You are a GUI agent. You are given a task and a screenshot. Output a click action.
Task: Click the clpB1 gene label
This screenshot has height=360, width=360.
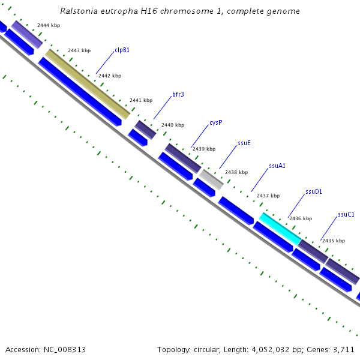pyautogui.click(x=122, y=50)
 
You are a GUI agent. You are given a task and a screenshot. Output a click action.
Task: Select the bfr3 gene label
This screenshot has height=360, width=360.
pyautogui.click(x=178, y=94)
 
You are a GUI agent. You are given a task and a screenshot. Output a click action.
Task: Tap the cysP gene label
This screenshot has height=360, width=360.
pyautogui.click(x=216, y=122)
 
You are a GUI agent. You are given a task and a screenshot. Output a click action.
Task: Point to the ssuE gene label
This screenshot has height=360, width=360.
pyautogui.click(x=244, y=143)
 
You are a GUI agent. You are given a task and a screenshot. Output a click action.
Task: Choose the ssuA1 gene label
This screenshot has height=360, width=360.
pyautogui.click(x=277, y=166)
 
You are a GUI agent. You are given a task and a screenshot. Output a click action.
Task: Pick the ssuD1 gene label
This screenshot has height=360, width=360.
pyautogui.click(x=314, y=192)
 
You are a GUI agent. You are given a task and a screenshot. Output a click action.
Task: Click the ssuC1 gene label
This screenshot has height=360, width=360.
pyautogui.click(x=346, y=214)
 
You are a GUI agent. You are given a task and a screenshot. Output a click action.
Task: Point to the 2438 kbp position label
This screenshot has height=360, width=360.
pyautogui.click(x=236, y=172)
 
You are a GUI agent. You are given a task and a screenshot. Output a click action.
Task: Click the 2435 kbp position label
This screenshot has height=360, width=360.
pyautogui.click(x=333, y=241)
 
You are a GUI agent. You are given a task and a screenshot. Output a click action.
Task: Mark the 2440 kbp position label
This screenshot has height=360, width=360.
pyautogui.click(x=172, y=125)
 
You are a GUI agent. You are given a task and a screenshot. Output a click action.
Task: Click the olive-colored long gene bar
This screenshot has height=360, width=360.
pyautogui.click(x=88, y=84)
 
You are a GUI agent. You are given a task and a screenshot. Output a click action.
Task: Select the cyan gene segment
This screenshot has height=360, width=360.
pyautogui.click(x=280, y=229)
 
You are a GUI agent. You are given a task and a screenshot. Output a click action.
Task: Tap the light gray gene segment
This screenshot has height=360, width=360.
pyautogui.click(x=211, y=179)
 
